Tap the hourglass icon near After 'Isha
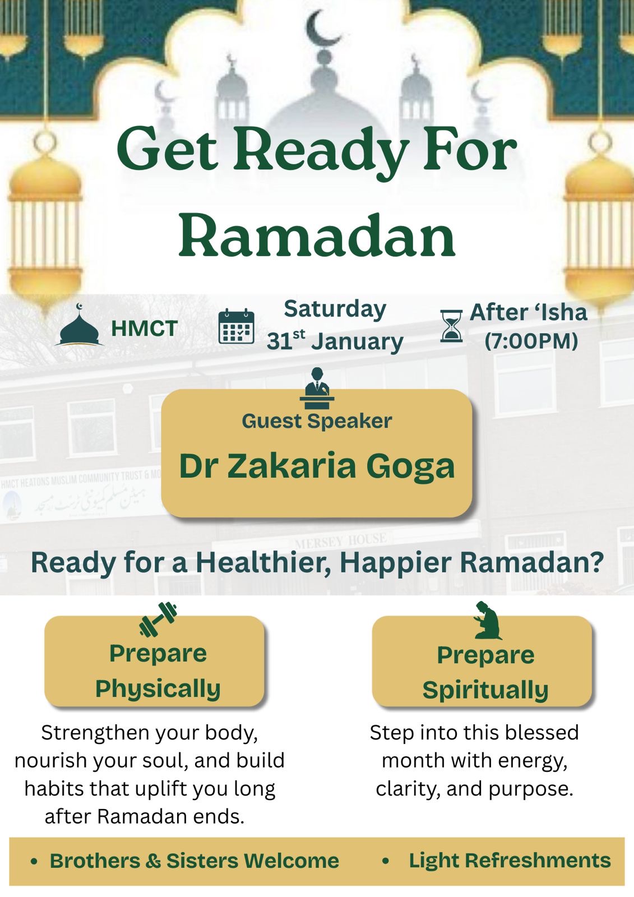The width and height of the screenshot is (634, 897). pyautogui.click(x=451, y=326)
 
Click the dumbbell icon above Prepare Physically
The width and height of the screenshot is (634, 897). pyautogui.click(x=158, y=619)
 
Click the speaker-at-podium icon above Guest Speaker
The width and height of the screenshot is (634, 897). pyautogui.click(x=317, y=388)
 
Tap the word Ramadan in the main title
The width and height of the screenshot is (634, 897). pyautogui.click(x=317, y=237)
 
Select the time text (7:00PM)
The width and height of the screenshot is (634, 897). pyautogui.click(x=531, y=341)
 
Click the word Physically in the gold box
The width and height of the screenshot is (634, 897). pyautogui.click(x=158, y=690)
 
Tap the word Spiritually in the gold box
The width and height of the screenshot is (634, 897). pyautogui.click(x=485, y=691)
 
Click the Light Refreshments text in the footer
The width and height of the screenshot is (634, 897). pyautogui.click(x=510, y=860)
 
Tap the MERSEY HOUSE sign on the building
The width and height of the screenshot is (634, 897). pyautogui.click(x=341, y=541)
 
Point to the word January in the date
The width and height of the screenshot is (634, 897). pyautogui.click(x=357, y=343)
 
